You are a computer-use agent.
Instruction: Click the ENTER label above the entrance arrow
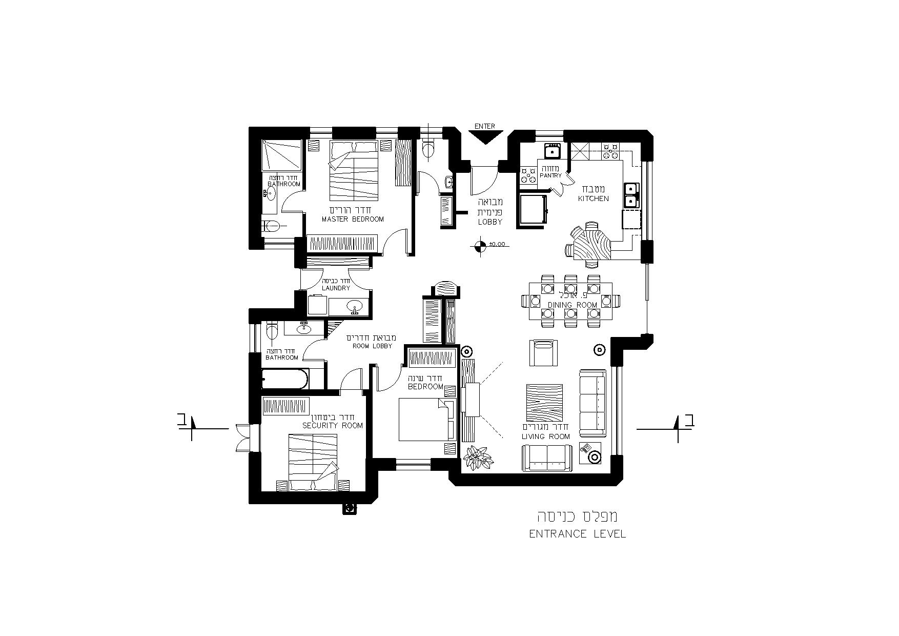[x=484, y=126]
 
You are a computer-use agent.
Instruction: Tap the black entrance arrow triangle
[x=484, y=136]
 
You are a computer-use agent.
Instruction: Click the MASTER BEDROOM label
[x=353, y=220]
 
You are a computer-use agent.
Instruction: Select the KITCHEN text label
[x=594, y=198]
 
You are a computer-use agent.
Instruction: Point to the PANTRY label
[x=551, y=175]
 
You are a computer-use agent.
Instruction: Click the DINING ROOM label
[x=573, y=305]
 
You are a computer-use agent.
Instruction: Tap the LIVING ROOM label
[x=546, y=437]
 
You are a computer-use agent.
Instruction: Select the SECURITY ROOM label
[x=333, y=426]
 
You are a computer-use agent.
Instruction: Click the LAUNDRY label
[x=336, y=288]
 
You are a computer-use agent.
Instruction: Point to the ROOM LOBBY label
[x=372, y=346]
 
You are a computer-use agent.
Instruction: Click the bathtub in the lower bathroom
[x=285, y=380]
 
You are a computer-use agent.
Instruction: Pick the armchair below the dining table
[x=543, y=352]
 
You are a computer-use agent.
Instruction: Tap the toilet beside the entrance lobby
[x=427, y=148]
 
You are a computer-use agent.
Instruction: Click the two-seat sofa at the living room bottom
[x=547, y=458]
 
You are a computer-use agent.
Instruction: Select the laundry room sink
[x=354, y=308]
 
